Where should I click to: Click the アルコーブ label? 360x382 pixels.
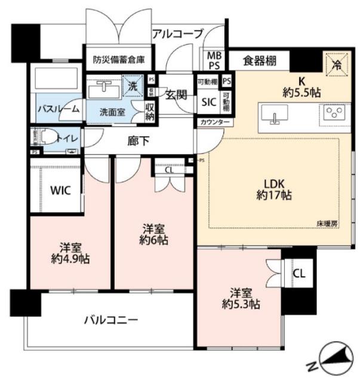pyautogui.click(x=178, y=33)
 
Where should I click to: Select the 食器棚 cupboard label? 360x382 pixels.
pyautogui.click(x=260, y=60)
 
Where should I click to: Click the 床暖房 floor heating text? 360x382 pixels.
pyautogui.click(x=327, y=223)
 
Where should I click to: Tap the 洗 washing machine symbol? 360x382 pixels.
pyautogui.click(x=133, y=86)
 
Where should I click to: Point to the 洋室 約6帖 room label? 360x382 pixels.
pyautogui.click(x=155, y=235)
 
